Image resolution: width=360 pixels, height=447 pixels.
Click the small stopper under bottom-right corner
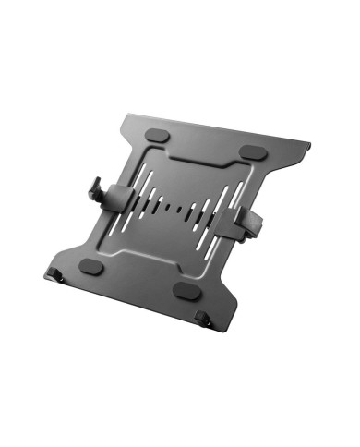click(204, 320)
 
